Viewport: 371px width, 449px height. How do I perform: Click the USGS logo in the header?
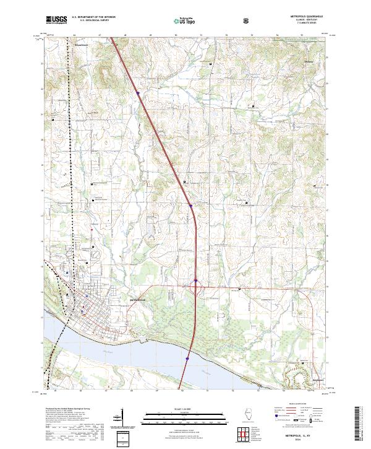(56, 20)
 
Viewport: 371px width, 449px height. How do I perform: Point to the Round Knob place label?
(82, 46)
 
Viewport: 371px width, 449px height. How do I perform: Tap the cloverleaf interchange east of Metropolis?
(195, 284)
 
